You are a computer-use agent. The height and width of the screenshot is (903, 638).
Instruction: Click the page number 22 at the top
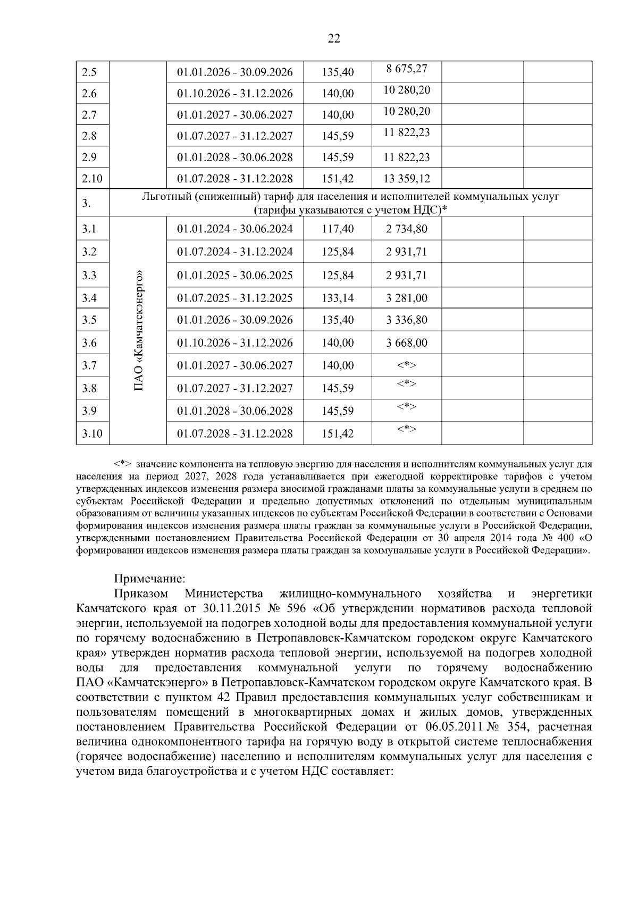tap(334, 38)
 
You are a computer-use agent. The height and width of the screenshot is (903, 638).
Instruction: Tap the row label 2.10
tap(92, 179)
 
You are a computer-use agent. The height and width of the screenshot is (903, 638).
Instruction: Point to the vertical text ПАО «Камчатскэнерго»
tap(139, 331)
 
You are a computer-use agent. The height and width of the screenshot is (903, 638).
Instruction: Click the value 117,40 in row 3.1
tap(338, 229)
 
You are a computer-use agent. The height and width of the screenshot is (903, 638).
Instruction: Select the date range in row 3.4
tap(234, 298)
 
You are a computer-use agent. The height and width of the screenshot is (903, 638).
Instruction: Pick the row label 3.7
tap(89, 366)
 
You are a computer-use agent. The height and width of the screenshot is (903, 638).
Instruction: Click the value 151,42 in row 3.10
tap(338, 434)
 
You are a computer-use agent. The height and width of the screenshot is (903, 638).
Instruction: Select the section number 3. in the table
tap(87, 203)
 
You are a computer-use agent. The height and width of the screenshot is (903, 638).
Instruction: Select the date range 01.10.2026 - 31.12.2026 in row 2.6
tap(234, 94)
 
